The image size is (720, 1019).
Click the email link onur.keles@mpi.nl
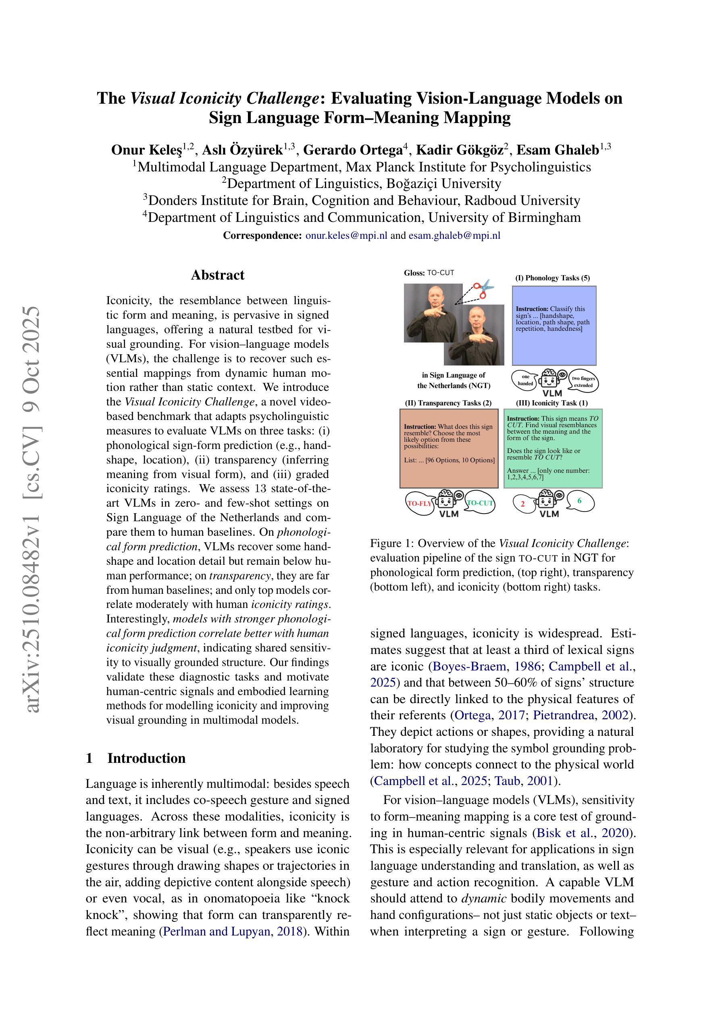pos(346,236)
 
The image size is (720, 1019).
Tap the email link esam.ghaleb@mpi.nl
pos(454,236)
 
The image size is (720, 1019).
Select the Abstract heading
pos(217,275)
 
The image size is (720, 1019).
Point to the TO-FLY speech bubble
pos(420,503)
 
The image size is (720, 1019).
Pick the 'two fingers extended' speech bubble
pos(583,382)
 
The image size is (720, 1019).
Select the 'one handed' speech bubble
pos(525,380)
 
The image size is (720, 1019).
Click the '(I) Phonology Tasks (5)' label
pos(552,278)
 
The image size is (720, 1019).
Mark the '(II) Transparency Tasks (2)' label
pos(449,403)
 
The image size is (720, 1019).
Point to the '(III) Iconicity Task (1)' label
pos(552,403)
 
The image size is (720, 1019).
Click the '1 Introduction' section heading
pos(136,758)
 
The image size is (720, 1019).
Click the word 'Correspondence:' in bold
pos(262,236)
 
